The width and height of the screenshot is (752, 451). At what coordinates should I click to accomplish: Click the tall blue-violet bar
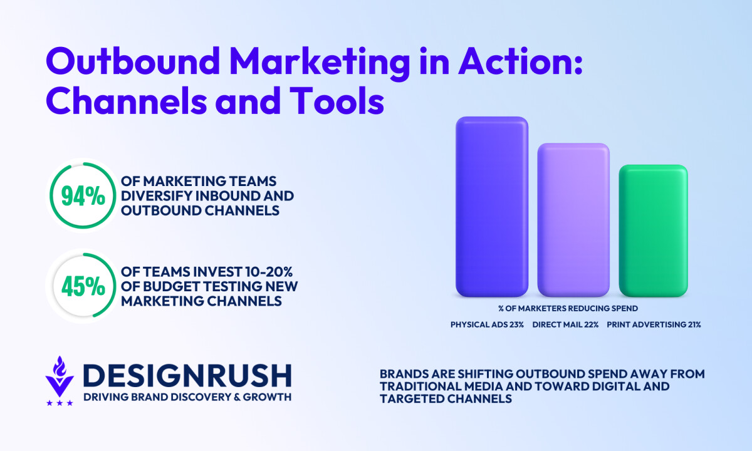(x=492, y=207)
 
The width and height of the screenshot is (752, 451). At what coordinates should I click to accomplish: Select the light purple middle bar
(x=573, y=220)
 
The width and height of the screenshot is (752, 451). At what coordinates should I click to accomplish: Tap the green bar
(x=653, y=231)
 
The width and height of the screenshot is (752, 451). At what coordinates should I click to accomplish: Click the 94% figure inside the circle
(x=83, y=196)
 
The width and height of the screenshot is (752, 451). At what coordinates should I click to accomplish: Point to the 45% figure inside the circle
(x=83, y=286)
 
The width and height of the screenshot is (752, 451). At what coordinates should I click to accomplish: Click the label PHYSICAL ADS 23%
(x=487, y=324)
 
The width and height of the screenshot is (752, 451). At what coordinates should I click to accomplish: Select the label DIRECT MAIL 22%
(x=565, y=324)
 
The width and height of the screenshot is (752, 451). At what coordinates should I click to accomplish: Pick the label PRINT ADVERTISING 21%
(x=654, y=324)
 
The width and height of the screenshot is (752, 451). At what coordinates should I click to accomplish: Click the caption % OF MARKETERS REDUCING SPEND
(x=568, y=308)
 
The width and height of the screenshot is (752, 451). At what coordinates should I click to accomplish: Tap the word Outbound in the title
(x=133, y=61)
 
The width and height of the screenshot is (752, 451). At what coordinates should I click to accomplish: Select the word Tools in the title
(x=337, y=100)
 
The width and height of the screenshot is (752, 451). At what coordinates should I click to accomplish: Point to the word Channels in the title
(x=127, y=100)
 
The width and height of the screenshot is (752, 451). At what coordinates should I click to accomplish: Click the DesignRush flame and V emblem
(x=60, y=376)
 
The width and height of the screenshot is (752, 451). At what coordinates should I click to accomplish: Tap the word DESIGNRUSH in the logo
(x=187, y=376)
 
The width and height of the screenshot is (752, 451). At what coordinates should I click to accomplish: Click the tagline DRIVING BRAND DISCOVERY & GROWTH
(x=187, y=397)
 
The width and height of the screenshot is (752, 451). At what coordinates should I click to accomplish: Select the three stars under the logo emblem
(x=60, y=403)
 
